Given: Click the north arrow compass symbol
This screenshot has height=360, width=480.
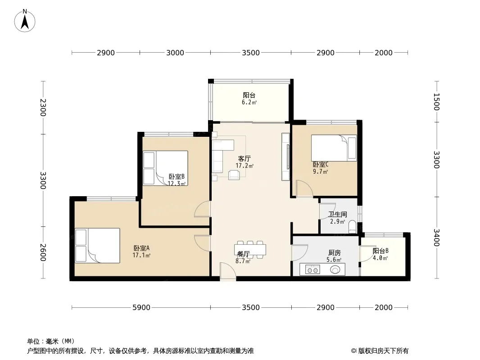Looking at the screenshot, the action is tap(25, 21).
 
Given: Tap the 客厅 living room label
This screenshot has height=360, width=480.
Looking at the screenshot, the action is tap(245, 159).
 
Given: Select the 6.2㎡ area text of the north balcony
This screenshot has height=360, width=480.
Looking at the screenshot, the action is tap(249, 103).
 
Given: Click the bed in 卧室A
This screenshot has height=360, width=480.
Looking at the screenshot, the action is tap(97, 246).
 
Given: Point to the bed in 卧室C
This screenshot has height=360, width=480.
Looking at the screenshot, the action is tap(334, 148).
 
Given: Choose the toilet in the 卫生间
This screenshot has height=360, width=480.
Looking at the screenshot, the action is tap(353, 227).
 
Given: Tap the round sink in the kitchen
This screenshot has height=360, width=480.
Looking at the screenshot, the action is tap(335, 270).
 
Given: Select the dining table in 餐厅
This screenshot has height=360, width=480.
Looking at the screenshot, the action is tap(250, 250).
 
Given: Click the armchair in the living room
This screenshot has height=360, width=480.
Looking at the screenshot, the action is tap(234, 175).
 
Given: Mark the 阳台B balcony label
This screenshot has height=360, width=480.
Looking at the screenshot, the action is tap(380, 251).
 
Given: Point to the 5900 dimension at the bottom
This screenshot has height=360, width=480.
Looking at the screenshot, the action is tap(141, 307).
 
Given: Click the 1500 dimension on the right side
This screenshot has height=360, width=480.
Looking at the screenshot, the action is tap(437, 102).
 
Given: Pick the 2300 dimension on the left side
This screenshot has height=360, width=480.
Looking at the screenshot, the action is tap(43, 108).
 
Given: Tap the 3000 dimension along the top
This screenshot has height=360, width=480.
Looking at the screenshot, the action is tap(175, 53).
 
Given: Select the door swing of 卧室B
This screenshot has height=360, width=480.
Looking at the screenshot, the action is tap(202, 209).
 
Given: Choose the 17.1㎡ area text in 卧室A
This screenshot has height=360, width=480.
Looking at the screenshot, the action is tap(141, 255).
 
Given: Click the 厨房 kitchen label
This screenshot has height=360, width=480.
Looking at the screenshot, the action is tap(334, 253).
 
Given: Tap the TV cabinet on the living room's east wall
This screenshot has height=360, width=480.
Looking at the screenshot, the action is tap(286, 157).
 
